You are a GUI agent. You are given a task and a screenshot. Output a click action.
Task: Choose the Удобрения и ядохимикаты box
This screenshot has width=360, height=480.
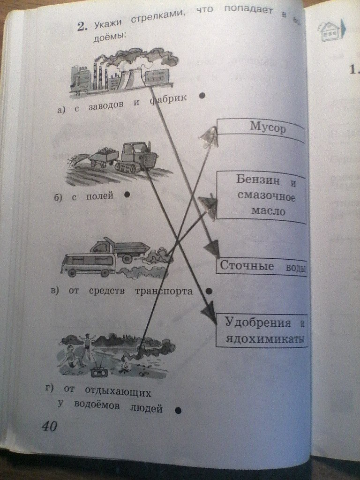pyautogui.click(x=262, y=330)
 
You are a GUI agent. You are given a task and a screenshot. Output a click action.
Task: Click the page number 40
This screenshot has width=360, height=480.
pyautogui.click(x=49, y=427)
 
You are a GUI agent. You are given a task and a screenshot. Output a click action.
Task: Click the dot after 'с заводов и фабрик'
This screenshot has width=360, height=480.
pyautogui.click(x=202, y=96)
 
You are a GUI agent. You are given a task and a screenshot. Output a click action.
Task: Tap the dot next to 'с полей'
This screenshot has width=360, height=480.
pyautogui.click(x=127, y=195)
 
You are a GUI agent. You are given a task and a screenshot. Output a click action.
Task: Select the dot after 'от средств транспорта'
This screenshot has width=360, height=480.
pyautogui.click(x=210, y=291)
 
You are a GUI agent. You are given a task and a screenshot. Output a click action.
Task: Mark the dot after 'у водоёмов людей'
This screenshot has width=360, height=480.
pyautogui.click(x=178, y=411)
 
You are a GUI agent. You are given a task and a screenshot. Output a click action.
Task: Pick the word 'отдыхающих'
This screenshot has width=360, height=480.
pyautogui.click(x=117, y=390)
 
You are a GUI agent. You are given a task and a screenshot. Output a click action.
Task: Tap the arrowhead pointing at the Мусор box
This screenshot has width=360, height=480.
pyautogui.click(x=208, y=137)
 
